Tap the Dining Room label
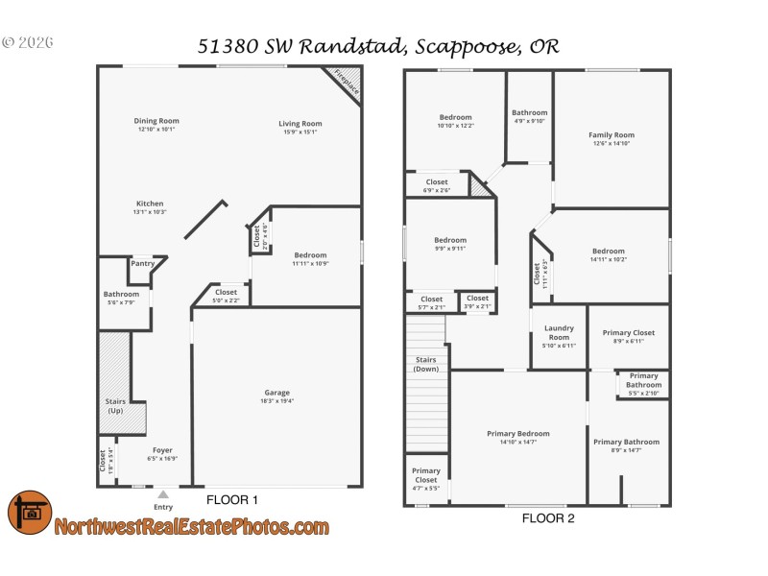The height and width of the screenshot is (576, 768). coord(156,121)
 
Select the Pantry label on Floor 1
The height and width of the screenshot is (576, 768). coord(142,263)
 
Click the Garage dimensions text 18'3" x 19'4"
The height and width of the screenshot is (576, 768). coord(276,401)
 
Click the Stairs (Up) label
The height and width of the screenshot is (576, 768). coord(115,407)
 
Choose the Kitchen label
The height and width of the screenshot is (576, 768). coord(149,204)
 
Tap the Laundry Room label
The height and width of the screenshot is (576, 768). coord(559,333)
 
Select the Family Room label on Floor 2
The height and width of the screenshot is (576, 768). coord(611,135)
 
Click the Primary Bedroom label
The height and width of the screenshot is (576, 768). coord(518,433)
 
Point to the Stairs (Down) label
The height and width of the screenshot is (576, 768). coord(426,364)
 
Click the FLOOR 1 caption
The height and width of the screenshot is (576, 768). coord(232,500)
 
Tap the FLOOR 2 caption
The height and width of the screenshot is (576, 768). coord(548,518)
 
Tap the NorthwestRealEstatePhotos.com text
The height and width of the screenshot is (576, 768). coord(191,527)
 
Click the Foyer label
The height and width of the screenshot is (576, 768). coord(162,449)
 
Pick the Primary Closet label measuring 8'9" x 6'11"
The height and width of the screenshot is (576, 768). coord(628,332)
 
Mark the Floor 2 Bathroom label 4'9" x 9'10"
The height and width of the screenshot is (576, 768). coord(529,112)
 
